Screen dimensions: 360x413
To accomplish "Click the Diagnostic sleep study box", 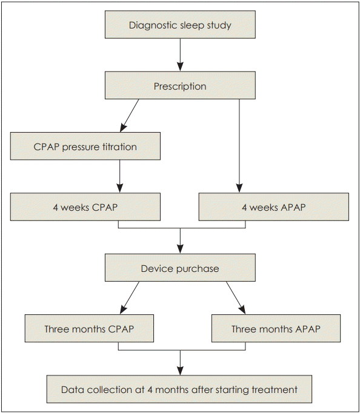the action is coord(180,24).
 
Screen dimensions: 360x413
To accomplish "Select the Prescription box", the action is coord(180,85).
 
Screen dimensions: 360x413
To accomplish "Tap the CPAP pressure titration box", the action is coord(85,146).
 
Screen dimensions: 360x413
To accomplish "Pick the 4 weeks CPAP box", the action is coord(85,206).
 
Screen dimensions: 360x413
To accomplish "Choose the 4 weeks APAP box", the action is coord(274,206).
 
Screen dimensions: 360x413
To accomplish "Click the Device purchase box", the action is coord(180,268).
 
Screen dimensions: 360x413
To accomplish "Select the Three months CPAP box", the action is coord(89,328).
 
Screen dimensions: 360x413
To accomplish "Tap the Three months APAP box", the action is coord(276,328).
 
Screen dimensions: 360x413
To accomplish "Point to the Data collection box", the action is coord(179,389).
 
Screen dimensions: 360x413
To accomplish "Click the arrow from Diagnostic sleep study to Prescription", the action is coord(180,55).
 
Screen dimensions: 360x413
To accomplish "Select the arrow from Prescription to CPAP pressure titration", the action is coord(130,116).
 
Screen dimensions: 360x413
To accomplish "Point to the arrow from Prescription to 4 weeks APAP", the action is coord(239,146).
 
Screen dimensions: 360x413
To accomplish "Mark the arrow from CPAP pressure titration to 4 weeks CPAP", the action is coord(119,176).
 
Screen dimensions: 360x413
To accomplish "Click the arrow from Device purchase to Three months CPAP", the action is coord(130,297).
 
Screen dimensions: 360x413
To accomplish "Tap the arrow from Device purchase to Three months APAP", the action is coord(236,297).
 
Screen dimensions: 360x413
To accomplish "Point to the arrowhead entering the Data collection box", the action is coord(180,371).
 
